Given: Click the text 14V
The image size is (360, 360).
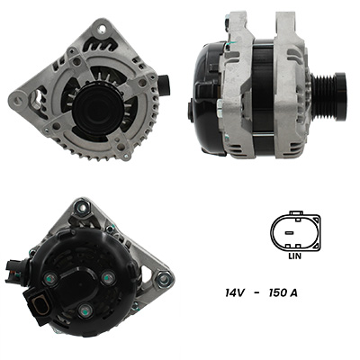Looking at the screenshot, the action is coord(234,292).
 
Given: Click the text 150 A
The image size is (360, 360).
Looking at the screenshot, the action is coord(283,292).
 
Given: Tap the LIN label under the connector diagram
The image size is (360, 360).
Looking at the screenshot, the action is coord(295,256).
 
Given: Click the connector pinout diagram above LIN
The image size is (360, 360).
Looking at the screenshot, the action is coord(295,231).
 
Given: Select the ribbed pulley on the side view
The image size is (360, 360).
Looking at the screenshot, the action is coord(329,96).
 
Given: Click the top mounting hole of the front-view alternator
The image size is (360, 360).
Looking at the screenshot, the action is coord(103,29).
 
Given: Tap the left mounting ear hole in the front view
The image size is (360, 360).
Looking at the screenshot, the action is coord(20,99).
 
